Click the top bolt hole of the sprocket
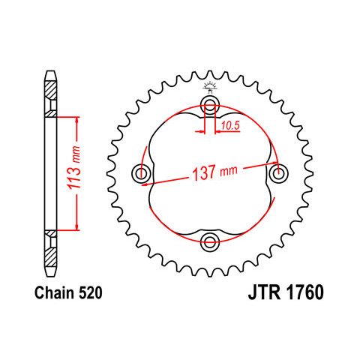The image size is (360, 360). (210, 105)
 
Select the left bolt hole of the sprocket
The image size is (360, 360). (141, 173)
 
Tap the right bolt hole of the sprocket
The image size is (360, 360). (278, 173)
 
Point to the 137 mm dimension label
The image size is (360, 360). (214, 172)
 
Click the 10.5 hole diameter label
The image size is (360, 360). (230, 126)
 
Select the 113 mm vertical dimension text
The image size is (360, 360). (74, 167)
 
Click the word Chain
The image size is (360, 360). (55, 292)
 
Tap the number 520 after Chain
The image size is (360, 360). (91, 292)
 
